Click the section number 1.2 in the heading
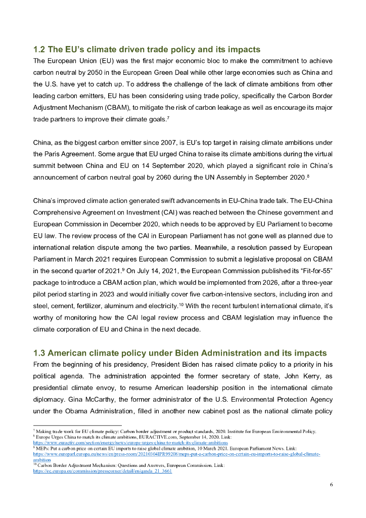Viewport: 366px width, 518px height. pyautogui.click(x=40, y=50)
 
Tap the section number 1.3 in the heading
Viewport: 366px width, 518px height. pyautogui.click(x=40, y=353)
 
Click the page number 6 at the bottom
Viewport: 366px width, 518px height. pyautogui.click(x=331, y=484)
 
